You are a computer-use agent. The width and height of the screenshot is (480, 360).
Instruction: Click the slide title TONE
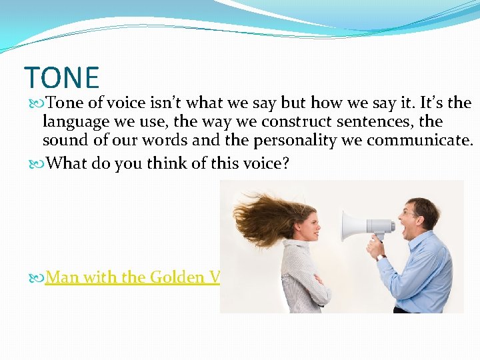point(61,77)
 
